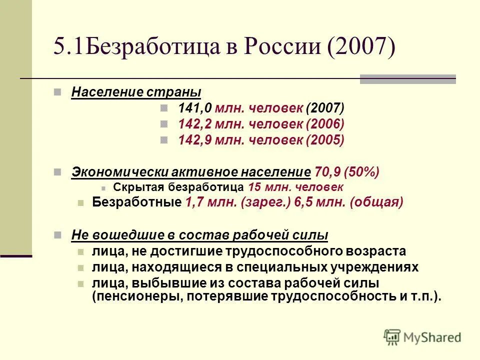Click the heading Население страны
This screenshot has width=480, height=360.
[x=136, y=92]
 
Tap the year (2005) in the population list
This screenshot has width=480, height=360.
[x=325, y=140]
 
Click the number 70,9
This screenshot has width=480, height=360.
[x=324, y=172]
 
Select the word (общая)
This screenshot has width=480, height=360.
[x=376, y=202]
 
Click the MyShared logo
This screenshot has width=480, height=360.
[x=422, y=337]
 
